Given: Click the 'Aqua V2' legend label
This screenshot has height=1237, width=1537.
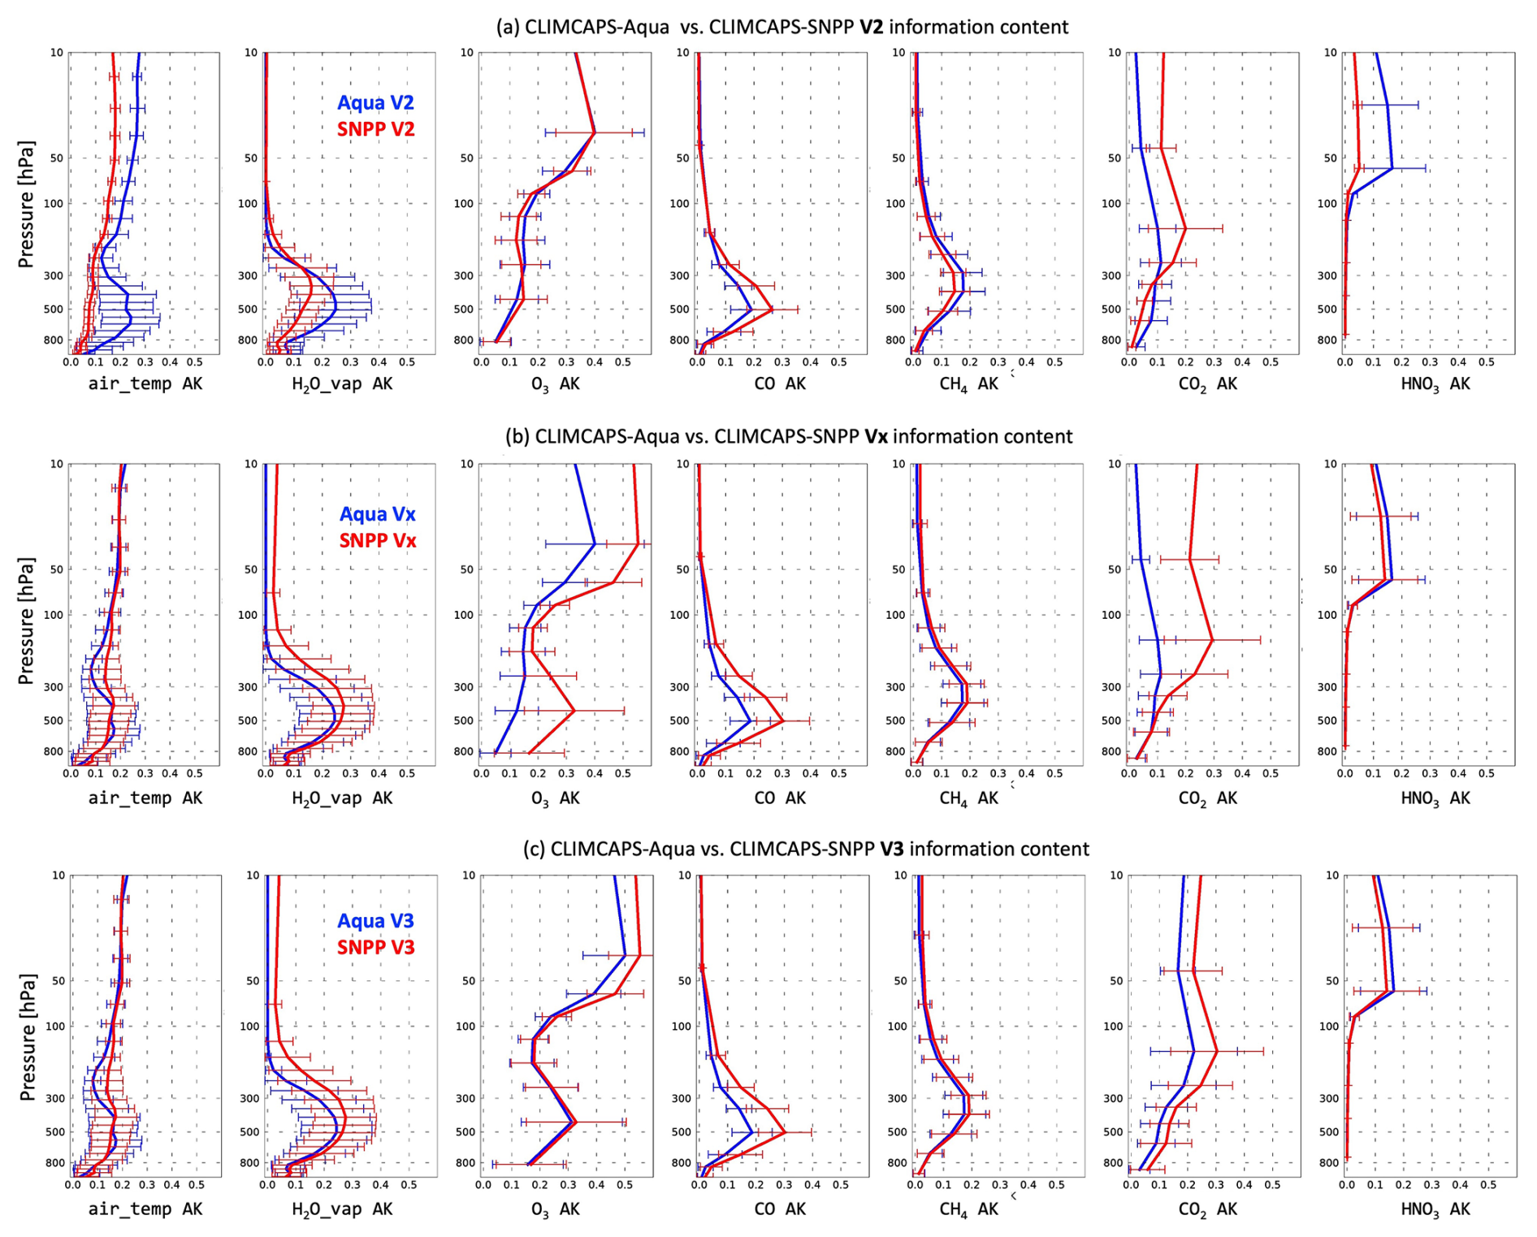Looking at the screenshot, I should [x=375, y=103].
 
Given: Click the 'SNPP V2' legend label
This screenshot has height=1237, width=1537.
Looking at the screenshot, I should [x=375, y=129].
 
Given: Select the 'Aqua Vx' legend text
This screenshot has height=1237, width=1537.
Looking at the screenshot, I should [x=378, y=514].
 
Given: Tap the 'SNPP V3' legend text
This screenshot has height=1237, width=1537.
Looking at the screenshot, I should [x=375, y=947].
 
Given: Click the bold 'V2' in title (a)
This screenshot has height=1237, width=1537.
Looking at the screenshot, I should [x=871, y=28].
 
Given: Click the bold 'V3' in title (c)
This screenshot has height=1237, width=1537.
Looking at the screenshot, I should [x=891, y=850].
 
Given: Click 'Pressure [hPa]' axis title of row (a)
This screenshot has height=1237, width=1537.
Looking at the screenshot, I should [x=26, y=205].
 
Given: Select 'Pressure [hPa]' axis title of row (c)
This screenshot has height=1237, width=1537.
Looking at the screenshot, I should [x=26, y=1036].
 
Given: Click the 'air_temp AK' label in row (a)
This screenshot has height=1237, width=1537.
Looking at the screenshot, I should [x=145, y=384].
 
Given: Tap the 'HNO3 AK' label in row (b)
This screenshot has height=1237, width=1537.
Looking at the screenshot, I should [x=1435, y=798].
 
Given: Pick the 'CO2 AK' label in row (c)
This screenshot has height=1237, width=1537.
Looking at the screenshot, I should [x=1207, y=1209].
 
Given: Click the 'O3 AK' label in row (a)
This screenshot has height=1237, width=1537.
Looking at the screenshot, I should [x=556, y=384].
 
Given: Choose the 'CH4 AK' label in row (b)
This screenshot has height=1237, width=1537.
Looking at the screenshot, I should [x=968, y=798].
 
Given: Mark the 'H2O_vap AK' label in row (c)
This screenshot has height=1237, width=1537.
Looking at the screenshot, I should [x=342, y=1209].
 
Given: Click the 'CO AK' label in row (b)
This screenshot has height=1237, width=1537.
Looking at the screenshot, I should [x=780, y=798].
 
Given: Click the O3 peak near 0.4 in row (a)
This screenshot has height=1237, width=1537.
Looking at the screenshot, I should [x=595, y=132].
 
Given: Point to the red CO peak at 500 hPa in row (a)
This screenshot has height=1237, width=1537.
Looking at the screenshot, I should [x=772, y=309].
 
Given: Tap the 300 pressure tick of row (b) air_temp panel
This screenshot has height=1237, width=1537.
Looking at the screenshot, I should [x=54, y=687].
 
